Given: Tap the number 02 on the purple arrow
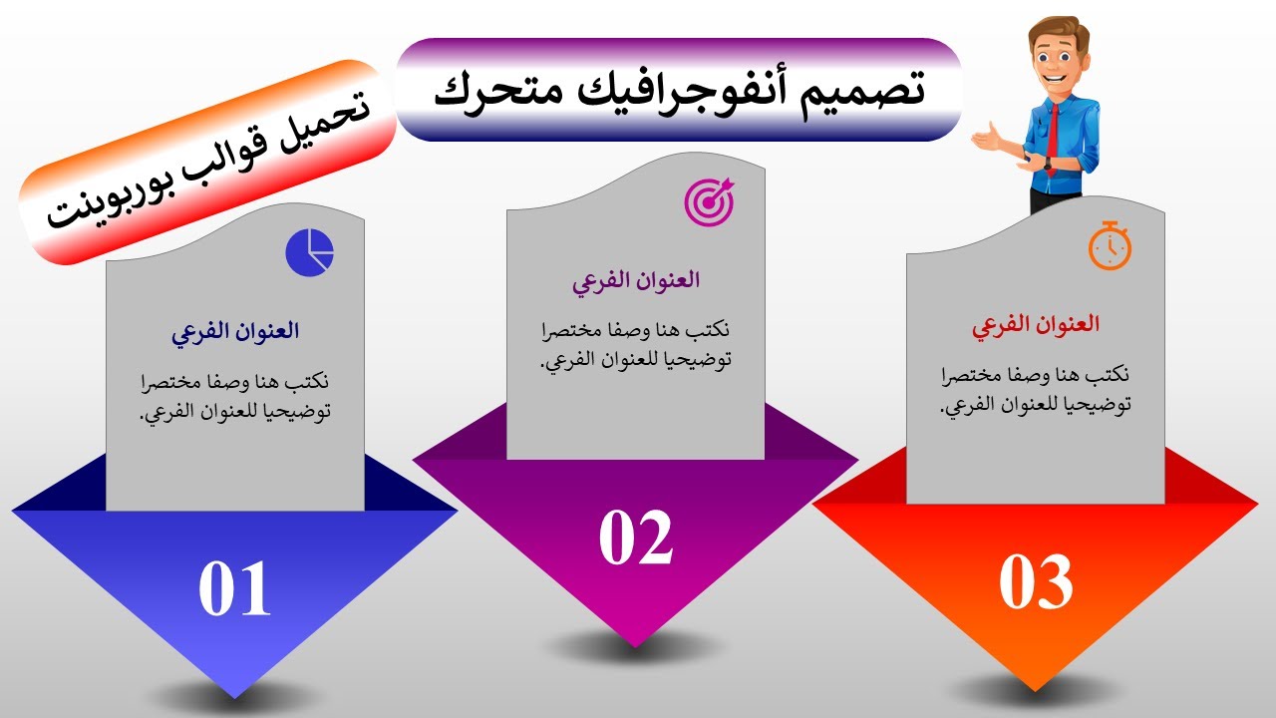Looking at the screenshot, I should tap(635, 538).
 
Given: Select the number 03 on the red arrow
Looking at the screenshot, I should tap(1036, 582).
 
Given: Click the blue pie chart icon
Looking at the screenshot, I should tap(309, 252).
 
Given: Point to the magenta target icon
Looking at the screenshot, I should tap(709, 200).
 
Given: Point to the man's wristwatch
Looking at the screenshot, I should tap(1048, 164).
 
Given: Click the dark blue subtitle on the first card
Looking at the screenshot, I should tap(235, 332).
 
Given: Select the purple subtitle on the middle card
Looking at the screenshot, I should tap(635, 280).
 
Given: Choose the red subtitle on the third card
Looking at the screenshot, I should tap(1036, 325).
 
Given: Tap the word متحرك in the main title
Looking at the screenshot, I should tap(487, 90).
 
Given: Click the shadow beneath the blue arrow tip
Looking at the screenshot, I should tap(234, 695).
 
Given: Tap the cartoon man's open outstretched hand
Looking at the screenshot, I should tap(986, 138).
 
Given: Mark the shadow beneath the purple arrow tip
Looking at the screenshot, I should tap(635, 645).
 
